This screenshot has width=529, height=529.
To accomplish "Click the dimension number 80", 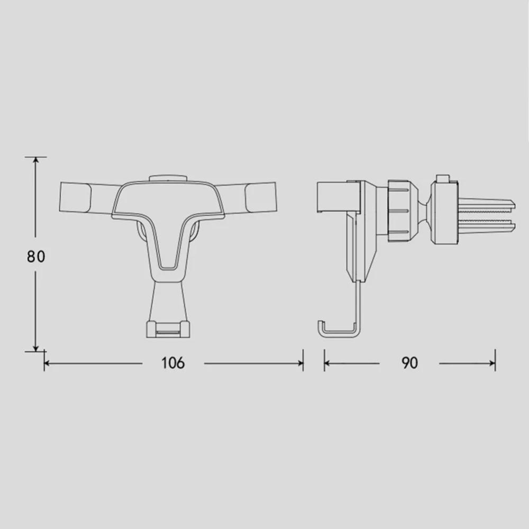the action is coord(36,257).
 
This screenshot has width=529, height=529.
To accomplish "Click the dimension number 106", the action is coord(173,363).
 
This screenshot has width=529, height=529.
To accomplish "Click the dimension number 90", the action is coord(409,363).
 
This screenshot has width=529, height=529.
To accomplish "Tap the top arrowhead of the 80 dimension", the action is coord(35,160).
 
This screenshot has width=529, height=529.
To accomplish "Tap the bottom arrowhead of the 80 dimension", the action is coord(35,348).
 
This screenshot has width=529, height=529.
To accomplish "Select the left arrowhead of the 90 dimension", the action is coord(327,363).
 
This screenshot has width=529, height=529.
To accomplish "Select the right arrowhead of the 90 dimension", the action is coord(492,363).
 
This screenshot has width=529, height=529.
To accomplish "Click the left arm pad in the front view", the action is coord(75,198).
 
